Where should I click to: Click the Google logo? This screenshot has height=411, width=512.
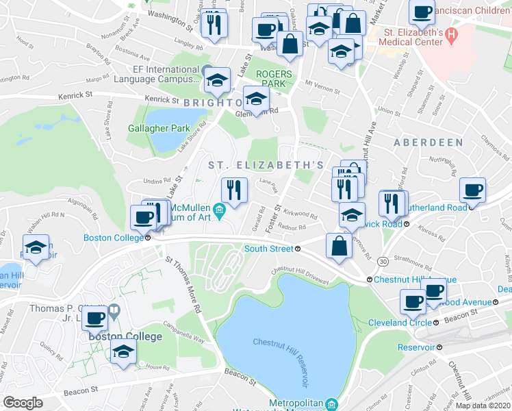[x=23, y=403]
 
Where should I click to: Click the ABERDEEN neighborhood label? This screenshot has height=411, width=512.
[x=428, y=142]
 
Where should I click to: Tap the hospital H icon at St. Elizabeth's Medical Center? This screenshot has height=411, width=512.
[x=450, y=34]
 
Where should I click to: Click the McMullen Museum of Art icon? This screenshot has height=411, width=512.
[x=219, y=209]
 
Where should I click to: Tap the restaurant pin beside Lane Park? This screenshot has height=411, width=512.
[x=234, y=189]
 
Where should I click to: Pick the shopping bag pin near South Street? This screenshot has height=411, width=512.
[x=339, y=246]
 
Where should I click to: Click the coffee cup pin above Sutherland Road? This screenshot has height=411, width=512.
[x=472, y=189]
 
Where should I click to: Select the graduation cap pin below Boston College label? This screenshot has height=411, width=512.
[x=123, y=353]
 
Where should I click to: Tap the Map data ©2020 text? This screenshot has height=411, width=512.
[x=484, y=406]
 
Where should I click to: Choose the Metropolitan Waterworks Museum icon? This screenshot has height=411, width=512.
[x=331, y=404]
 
